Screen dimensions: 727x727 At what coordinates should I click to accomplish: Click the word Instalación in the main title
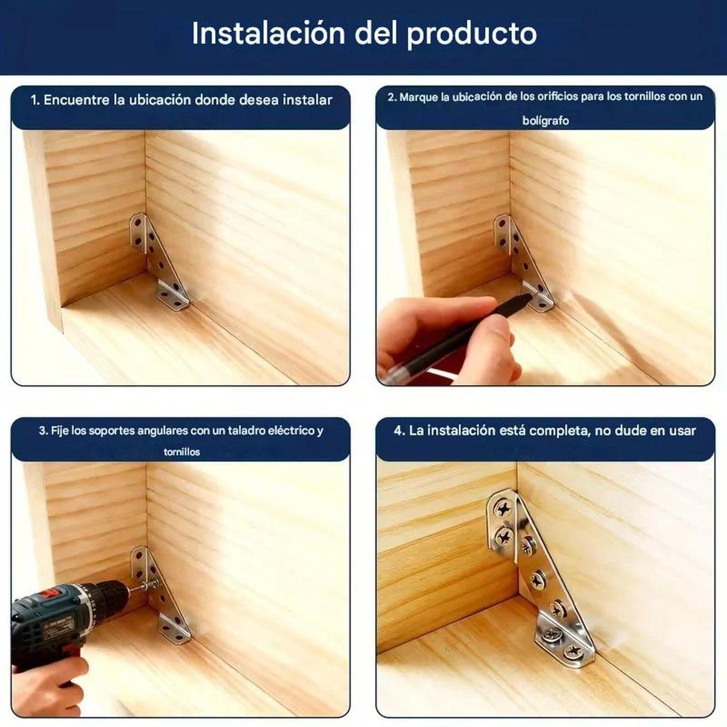(x=268, y=33)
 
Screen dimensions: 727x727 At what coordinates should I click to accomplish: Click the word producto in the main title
(x=471, y=33)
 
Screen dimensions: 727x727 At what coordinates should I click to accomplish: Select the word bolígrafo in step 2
(x=545, y=121)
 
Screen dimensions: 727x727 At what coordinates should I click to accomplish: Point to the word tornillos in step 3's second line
(x=182, y=452)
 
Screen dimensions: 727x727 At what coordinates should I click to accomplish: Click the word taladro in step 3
(x=247, y=430)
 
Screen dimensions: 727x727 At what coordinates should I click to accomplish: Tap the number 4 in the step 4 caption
(x=398, y=430)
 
